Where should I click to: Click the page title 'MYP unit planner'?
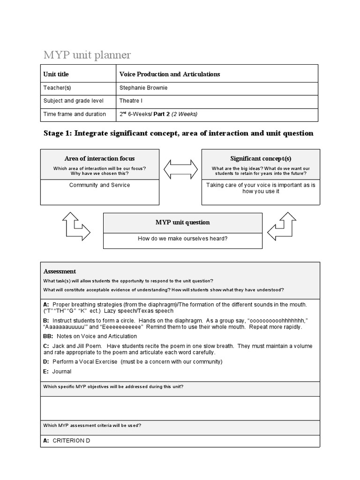pyautogui.click(x=87, y=55)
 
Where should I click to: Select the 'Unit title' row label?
pyautogui.click(x=56, y=74)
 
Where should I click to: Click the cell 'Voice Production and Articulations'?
pyautogui.click(x=170, y=74)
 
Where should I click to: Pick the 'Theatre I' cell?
pyautogui.click(x=131, y=101)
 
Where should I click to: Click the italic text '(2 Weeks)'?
pyautogui.click(x=185, y=114)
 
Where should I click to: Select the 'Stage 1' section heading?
pyautogui.click(x=178, y=133)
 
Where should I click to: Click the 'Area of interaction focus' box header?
pyautogui.click(x=99, y=158)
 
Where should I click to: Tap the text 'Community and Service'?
pyautogui.click(x=99, y=185)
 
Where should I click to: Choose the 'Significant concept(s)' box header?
pyautogui.click(x=261, y=158)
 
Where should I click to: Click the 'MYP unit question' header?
pyautogui.click(x=182, y=222)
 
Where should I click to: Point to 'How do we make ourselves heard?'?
pyautogui.click(x=182, y=239)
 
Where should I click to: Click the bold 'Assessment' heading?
pyautogui.click(x=60, y=271)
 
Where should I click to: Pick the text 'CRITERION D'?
pyautogui.click(x=71, y=441)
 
